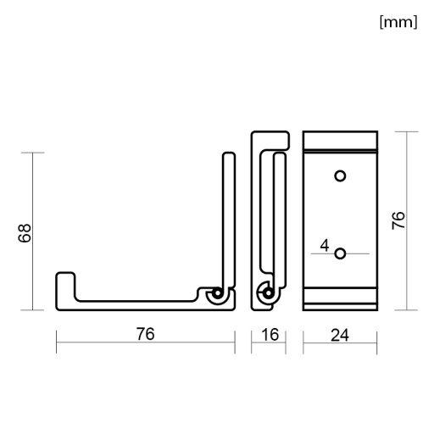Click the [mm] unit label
tap(398, 22)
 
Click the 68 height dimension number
tap(25, 233)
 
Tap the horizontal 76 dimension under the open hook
tap(146, 334)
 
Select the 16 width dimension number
tap(270, 335)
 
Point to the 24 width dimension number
tap(340, 336)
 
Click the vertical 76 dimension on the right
tap(398, 220)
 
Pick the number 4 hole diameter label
tap(325, 245)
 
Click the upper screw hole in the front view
tap(340, 175)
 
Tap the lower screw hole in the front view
tap(340, 253)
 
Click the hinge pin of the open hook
tap(218, 293)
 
